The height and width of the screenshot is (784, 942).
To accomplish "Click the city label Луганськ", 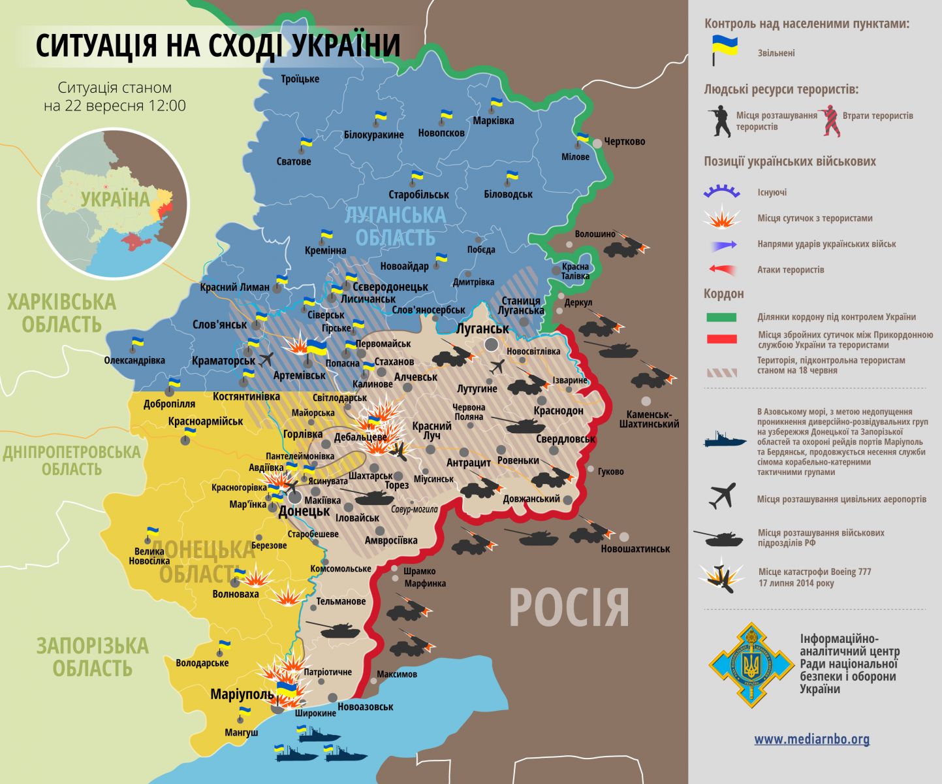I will pyautogui.click(x=482, y=329).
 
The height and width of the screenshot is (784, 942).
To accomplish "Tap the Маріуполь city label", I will pyautogui.click(x=242, y=694).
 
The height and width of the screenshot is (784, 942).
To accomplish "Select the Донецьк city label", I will pyautogui.click(x=304, y=511).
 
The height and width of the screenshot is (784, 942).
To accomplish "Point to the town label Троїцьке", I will pyautogui.click(x=300, y=79).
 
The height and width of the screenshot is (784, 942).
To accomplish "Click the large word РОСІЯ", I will pyautogui.click(x=569, y=608).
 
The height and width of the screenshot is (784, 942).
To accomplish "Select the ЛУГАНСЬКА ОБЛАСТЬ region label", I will pyautogui.click(x=395, y=226).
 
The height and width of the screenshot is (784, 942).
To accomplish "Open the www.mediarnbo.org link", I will pyautogui.click(x=811, y=740).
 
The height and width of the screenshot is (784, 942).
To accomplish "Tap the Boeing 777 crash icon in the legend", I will pyautogui.click(x=720, y=576).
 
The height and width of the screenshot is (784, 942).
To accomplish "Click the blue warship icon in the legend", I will pyautogui.click(x=725, y=440).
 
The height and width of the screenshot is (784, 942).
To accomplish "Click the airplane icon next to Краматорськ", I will pyautogui.click(x=266, y=359).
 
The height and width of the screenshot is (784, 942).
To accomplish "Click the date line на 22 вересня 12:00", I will pyautogui.click(x=115, y=106).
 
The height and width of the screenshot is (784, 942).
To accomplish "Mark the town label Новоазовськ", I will pyautogui.click(x=366, y=707).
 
